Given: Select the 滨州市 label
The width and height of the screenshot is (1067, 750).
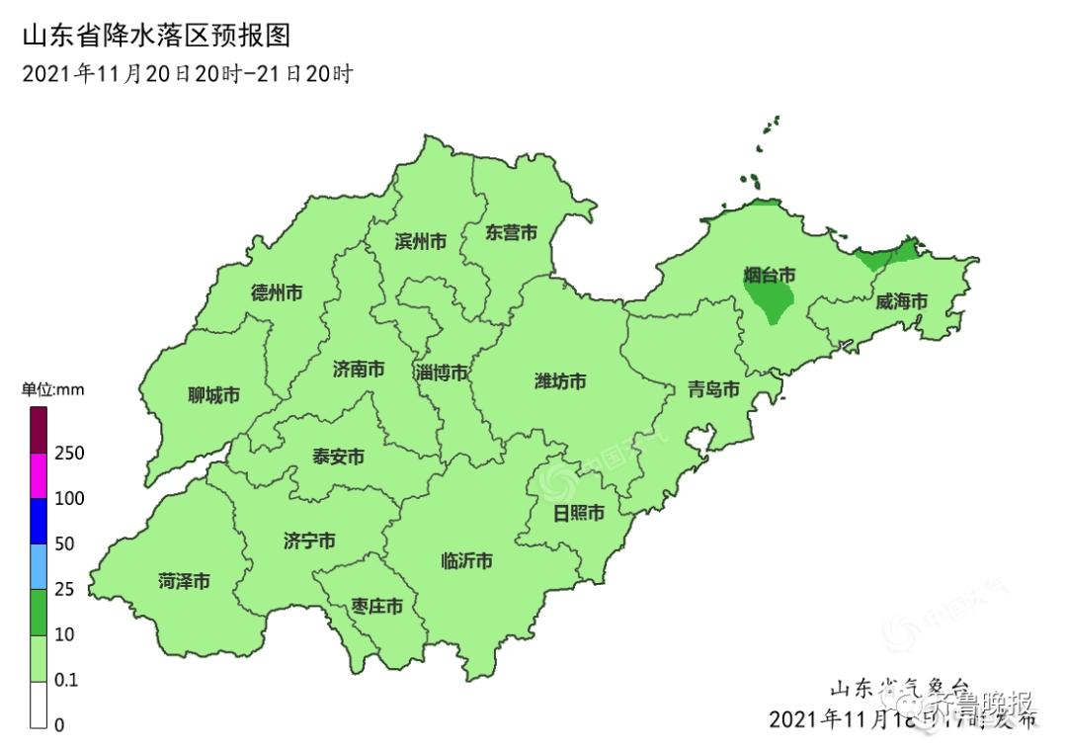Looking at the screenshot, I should [x=420, y=241].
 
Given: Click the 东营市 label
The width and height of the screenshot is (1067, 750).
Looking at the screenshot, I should [x=511, y=233].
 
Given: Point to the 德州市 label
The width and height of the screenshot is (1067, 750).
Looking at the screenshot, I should [x=277, y=292].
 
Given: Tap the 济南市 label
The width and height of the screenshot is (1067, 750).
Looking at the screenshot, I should [x=359, y=370].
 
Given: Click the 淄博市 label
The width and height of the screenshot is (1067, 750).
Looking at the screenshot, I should [x=442, y=373].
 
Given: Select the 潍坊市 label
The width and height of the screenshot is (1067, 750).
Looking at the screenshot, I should [x=560, y=380].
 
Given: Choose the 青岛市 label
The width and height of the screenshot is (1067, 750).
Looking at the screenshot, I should [x=713, y=389].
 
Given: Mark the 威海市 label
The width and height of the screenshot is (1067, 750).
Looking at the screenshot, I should [x=901, y=301].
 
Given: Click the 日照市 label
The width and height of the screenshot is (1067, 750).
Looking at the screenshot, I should [x=578, y=513].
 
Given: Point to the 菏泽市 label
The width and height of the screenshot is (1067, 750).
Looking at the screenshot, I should [x=184, y=581].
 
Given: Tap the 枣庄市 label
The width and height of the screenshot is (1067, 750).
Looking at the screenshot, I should [x=376, y=606].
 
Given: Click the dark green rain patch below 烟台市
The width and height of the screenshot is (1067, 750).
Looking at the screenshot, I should [x=771, y=300].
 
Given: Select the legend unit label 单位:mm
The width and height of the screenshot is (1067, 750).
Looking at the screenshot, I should [x=53, y=390].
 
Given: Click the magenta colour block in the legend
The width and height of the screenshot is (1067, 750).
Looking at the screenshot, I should [x=40, y=476].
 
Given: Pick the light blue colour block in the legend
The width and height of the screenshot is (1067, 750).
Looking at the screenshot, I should [x=40, y=566].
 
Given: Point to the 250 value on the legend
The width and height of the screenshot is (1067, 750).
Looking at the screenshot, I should [x=69, y=454].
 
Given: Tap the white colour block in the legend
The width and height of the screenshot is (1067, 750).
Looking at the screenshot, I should [x=40, y=704].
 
